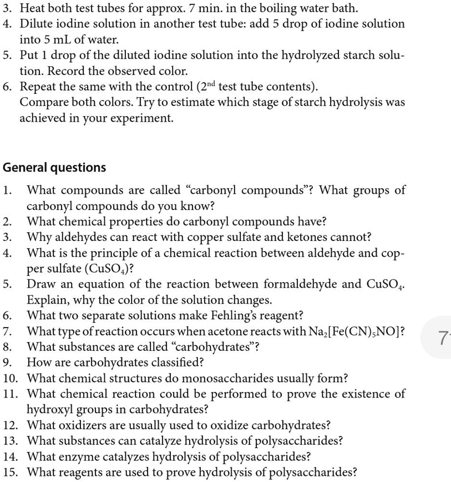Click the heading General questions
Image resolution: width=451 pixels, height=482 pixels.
[x=54, y=168]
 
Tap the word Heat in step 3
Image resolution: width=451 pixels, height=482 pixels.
[x=33, y=8]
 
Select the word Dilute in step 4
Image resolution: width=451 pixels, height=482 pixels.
[x=37, y=24]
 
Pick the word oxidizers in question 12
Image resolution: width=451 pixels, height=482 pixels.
[x=88, y=425]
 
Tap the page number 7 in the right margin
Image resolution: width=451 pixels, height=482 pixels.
[x=442, y=338]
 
